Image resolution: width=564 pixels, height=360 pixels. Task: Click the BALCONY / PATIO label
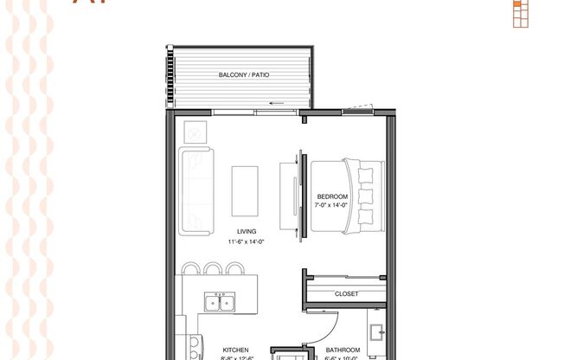point(244,75)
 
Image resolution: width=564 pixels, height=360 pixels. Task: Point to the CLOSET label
point(346,294)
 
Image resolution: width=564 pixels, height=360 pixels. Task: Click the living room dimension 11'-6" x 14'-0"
point(247,242)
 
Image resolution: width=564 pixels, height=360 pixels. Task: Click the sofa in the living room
point(195,190)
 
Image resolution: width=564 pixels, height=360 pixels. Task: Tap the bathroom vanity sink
point(377,333)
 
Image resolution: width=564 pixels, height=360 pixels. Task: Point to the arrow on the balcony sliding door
point(278,103)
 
